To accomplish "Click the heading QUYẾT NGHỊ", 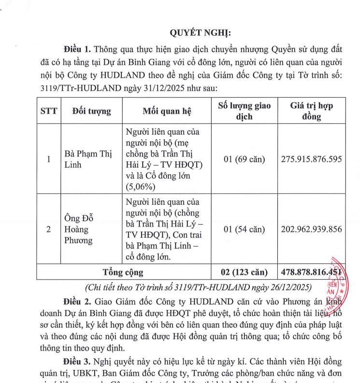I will tap(201, 32).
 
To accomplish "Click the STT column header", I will tap(48, 111).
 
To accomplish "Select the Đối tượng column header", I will tap(91, 111).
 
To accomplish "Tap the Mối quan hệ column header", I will tap(167, 111).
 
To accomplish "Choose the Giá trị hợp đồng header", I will tap(311, 111).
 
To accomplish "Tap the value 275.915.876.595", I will tap(311, 159).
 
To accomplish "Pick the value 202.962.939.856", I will tap(311, 229).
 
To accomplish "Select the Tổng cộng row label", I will tap(124, 272).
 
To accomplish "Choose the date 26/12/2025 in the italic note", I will tap(286, 287).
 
